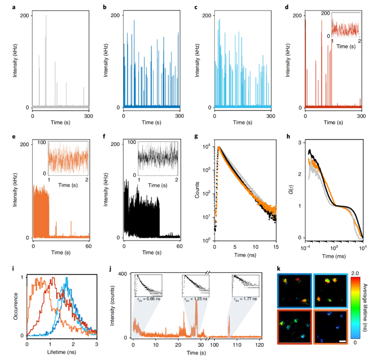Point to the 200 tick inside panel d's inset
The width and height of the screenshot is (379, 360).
click(x=326, y=13)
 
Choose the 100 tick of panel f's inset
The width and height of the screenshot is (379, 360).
click(x=132, y=142)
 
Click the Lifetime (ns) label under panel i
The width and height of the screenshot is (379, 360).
click(x=61, y=351)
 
